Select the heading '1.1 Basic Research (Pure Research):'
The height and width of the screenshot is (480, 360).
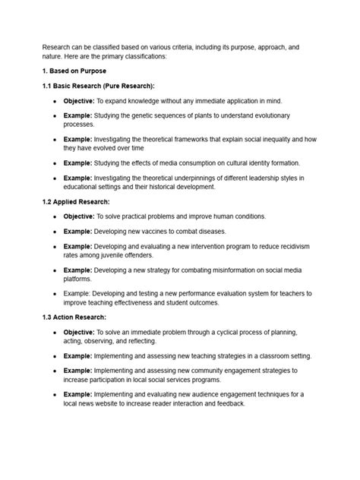[98, 86]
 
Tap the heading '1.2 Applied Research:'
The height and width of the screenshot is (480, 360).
[77, 202]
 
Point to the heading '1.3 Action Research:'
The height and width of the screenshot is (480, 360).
[74, 317]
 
